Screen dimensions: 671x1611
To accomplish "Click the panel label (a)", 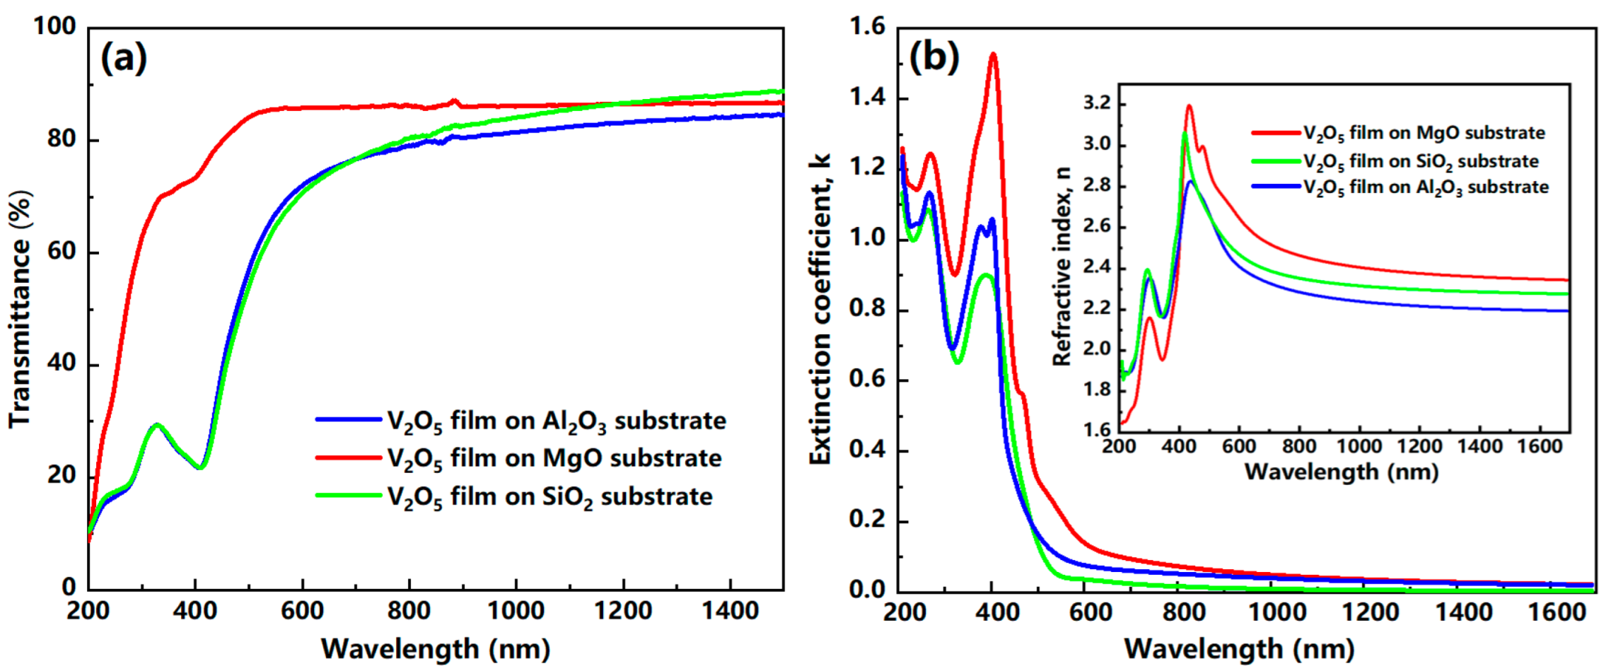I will (124, 58).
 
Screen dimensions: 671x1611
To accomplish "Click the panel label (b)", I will (934, 57).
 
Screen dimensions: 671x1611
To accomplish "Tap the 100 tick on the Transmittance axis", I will (54, 27).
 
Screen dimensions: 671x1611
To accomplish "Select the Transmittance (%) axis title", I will (21, 308).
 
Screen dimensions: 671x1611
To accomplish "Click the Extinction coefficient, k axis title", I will (820, 308).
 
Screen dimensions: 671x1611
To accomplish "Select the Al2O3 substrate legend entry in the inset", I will (1425, 187).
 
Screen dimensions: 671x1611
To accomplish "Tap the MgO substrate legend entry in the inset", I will (1423, 133).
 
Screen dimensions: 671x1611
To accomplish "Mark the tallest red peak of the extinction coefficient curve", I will (993, 54).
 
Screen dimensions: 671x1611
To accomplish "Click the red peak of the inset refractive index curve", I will (1189, 106).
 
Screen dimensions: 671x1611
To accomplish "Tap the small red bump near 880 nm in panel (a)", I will (454, 100).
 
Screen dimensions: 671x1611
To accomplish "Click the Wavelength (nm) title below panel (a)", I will (435, 649).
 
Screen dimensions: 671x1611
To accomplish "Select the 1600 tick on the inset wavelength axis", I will (1539, 447).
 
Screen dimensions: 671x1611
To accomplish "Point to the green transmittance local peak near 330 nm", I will (157, 424).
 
